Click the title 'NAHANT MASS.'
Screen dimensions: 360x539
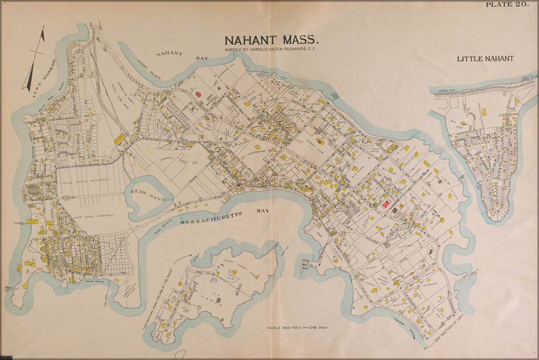click(x=272, y=40)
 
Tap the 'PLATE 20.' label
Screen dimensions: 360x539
click(x=507, y=5)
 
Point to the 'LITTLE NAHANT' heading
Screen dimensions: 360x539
click(x=485, y=59)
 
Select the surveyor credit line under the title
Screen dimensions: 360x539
click(x=271, y=49)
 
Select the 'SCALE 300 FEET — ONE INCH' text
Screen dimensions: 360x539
click(x=298, y=328)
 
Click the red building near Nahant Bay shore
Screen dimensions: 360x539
click(x=198, y=95)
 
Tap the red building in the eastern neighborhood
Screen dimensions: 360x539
click(x=385, y=204)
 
